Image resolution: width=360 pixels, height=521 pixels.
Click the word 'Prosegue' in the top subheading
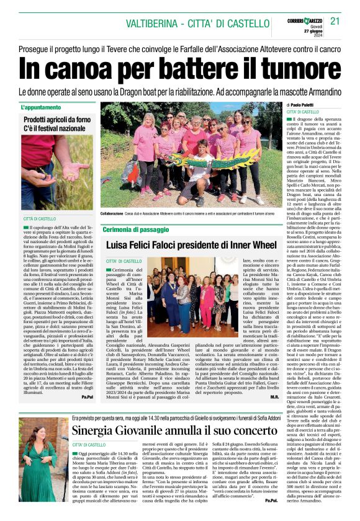[x=38, y=46]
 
